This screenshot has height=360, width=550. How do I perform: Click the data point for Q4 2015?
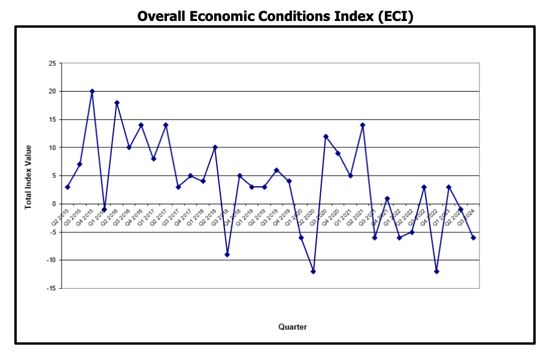[92, 92]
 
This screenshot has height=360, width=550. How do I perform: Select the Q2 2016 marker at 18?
[117, 103]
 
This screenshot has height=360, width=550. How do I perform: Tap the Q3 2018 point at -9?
[227, 255]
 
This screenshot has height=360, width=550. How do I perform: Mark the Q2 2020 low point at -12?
[313, 271]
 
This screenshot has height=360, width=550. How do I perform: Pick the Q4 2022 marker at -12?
[436, 271]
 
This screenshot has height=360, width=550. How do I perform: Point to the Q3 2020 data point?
[326, 137]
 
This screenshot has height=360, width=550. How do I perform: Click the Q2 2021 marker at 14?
[363, 125]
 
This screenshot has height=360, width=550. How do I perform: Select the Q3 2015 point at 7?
[80, 164]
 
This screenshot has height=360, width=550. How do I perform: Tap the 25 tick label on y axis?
[52, 63]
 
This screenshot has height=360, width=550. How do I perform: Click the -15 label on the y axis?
[51, 288]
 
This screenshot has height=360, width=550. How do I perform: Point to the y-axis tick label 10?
[52, 147]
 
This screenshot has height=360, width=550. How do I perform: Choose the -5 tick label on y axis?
[53, 232]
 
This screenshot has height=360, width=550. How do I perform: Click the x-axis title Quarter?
[293, 327]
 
